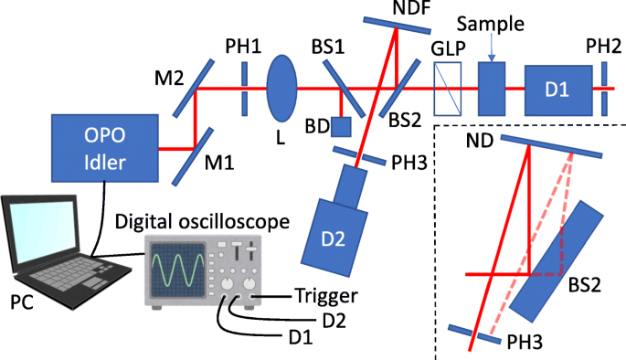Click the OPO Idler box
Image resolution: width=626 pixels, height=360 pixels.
click(101, 149)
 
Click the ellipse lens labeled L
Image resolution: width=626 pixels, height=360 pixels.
click(282, 89)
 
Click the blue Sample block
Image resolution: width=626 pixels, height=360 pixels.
click(492, 89)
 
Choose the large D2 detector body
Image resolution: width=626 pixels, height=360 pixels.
click(334, 240)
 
